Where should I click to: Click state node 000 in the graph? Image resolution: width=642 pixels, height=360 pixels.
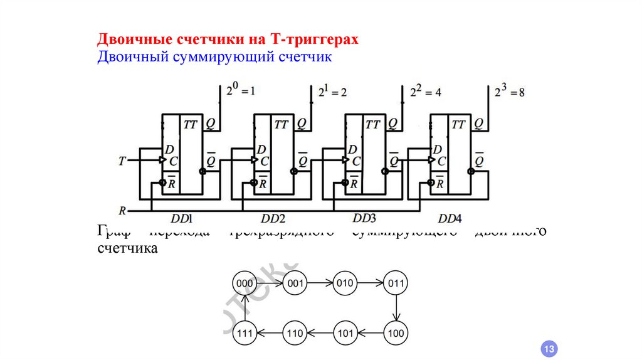tap(245, 283)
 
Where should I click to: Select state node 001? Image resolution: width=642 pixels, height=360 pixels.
tap(295, 283)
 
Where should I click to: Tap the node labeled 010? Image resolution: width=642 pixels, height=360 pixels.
tap(345, 283)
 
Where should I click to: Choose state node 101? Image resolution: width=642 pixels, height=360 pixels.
tap(345, 333)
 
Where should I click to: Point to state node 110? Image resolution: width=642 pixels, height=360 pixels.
tap(295, 333)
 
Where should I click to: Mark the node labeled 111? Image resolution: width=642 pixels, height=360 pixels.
tap(245, 333)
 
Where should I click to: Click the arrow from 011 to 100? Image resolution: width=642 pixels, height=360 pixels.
tap(396, 308)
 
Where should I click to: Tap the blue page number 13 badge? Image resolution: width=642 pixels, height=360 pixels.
tap(549, 349)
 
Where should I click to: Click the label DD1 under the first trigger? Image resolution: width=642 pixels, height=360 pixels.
tap(181, 218)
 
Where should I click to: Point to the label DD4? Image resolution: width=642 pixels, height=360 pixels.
tap(450, 218)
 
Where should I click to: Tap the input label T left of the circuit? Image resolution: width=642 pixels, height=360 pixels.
tap(122, 161)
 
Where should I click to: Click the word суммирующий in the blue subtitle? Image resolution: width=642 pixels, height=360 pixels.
tap(221, 58)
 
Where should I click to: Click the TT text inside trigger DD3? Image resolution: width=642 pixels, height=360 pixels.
tap(372, 125)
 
